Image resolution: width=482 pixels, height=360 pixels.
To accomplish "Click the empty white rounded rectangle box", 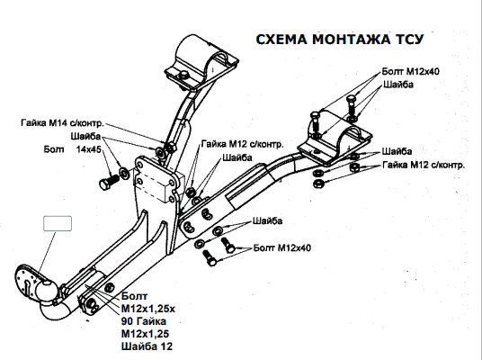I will coord(58,225).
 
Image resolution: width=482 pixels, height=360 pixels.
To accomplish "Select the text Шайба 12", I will coord(147,345).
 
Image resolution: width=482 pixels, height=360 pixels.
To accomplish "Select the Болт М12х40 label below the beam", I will coord(281,246).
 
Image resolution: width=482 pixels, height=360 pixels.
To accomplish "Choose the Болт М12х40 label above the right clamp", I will coord(409,69).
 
